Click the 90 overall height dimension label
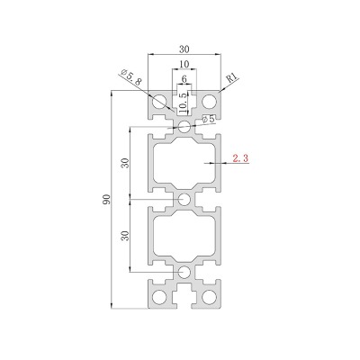(108, 199)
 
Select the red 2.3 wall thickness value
(240, 158)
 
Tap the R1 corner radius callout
(232, 78)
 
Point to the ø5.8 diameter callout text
(130, 77)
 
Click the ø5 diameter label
(209, 119)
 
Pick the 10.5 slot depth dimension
(183, 103)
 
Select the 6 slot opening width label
(184, 79)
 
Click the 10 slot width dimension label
(184, 64)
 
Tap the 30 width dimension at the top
(184, 49)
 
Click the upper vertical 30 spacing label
(125, 163)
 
